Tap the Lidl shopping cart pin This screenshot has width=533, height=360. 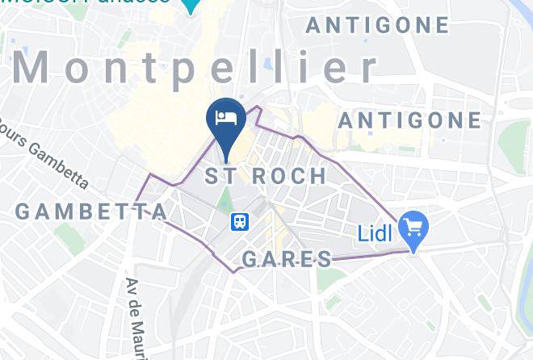coord(414,227)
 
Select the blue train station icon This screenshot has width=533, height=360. coord(240,220)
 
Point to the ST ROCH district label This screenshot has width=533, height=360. coord(266,176)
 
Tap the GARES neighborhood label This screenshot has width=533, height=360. coord(287,259)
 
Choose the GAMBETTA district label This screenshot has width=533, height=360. coord(90,212)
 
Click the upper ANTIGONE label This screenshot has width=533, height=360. coord(377,25)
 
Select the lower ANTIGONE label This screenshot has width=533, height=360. coord(409,121)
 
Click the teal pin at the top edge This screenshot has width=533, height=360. coord(191,6)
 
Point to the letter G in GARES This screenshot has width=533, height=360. coord(250,259)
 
